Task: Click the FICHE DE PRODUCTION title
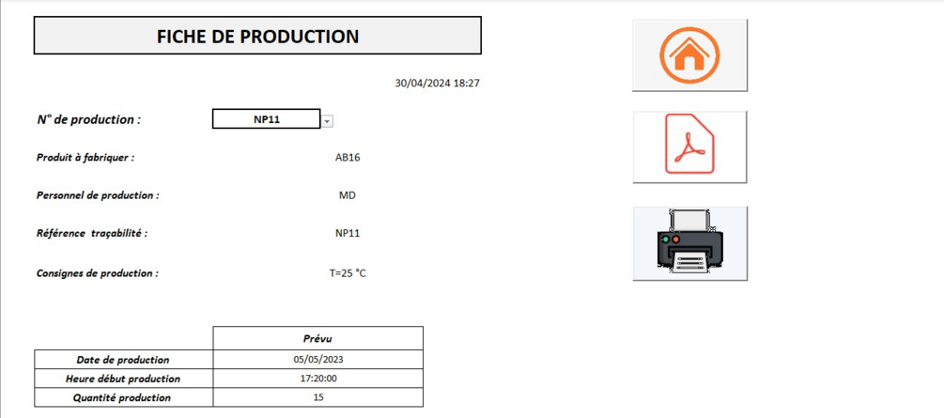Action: click(x=257, y=36)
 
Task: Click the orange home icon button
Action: click(x=689, y=55)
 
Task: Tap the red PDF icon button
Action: click(x=689, y=147)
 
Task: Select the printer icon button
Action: click(x=690, y=243)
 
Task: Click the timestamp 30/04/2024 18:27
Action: click(x=437, y=83)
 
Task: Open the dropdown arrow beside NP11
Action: click(x=327, y=121)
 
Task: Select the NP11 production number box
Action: click(x=266, y=119)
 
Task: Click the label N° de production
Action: click(x=89, y=119)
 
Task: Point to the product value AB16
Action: click(x=348, y=158)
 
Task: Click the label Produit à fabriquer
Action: click(x=85, y=158)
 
